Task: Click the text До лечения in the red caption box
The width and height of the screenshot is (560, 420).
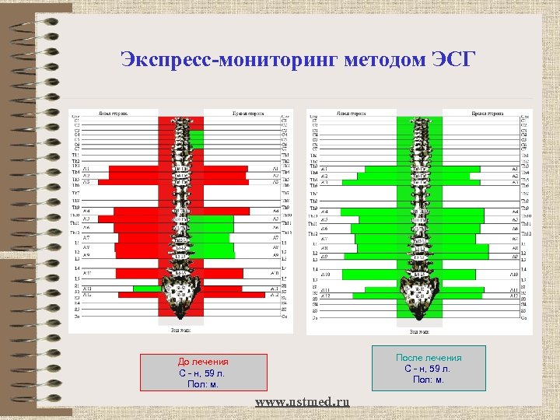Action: click(x=203, y=362)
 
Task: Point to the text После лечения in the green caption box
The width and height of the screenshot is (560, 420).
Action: click(x=429, y=358)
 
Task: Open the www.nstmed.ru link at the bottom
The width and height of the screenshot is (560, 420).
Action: click(x=303, y=401)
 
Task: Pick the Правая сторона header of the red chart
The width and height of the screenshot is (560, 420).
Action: click(x=247, y=113)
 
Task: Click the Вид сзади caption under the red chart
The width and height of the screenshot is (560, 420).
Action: click(x=180, y=330)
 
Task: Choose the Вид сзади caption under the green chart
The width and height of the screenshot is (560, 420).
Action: click(x=419, y=330)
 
